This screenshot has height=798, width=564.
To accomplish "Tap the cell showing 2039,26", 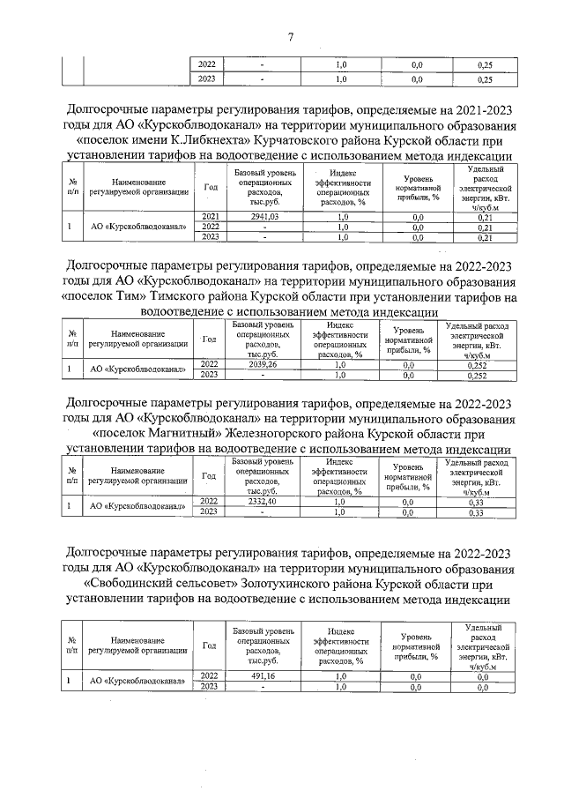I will [x=262, y=363].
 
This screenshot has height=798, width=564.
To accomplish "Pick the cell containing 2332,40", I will [x=262, y=501].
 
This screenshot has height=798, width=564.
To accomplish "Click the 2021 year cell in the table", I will [x=211, y=216].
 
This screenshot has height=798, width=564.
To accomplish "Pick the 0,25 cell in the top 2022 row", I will [x=484, y=64].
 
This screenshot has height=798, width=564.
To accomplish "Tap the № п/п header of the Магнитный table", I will [x=70, y=476].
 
